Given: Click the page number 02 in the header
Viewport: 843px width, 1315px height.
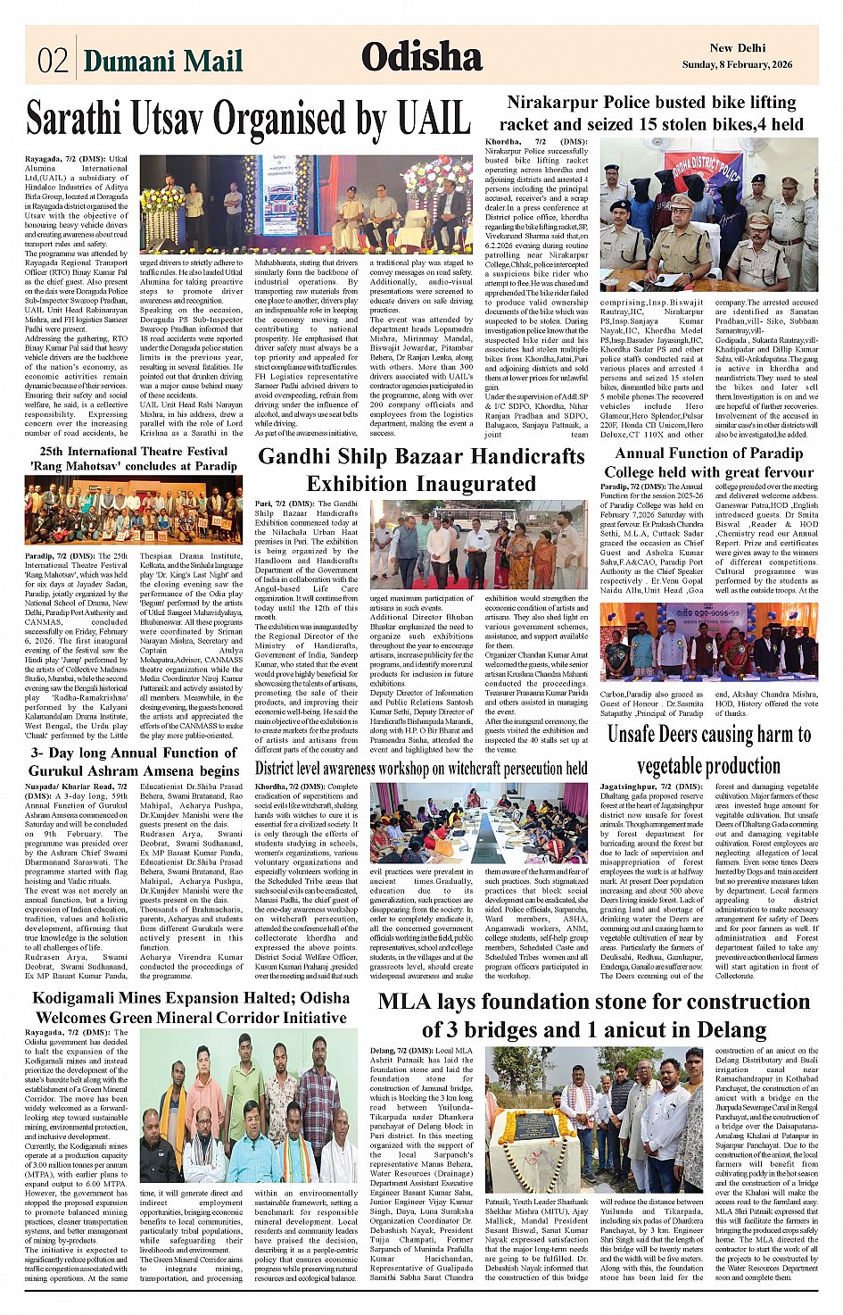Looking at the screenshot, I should click(53, 60).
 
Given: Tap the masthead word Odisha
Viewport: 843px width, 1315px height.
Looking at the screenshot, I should click(422, 57).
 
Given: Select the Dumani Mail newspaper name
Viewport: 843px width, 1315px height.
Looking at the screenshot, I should click(163, 61).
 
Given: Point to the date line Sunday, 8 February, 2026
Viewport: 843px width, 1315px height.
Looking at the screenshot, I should click(737, 64).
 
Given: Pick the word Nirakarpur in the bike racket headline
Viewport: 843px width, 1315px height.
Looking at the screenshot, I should click(554, 103).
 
